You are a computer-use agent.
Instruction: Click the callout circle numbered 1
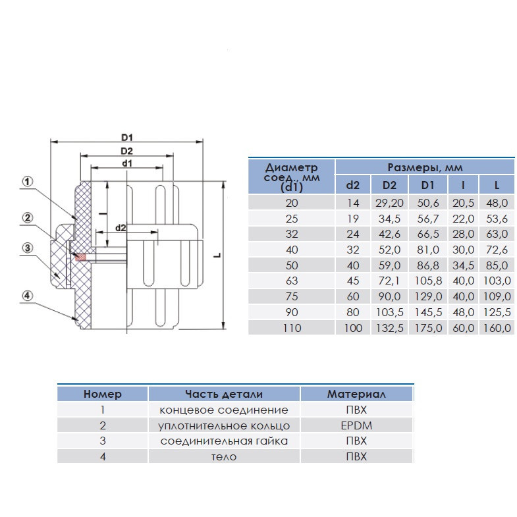point(28,180)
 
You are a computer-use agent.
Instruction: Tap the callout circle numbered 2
point(28,217)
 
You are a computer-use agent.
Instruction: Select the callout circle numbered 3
point(28,248)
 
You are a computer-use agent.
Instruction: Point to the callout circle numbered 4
point(28,295)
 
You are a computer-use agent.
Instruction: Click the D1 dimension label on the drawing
point(128,137)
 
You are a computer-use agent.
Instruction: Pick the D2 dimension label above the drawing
point(128,151)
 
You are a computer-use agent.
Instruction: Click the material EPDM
point(356,425)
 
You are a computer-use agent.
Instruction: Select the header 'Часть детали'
point(223,395)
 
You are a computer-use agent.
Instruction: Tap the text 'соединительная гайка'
point(224,441)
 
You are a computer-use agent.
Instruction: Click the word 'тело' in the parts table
point(224,456)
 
